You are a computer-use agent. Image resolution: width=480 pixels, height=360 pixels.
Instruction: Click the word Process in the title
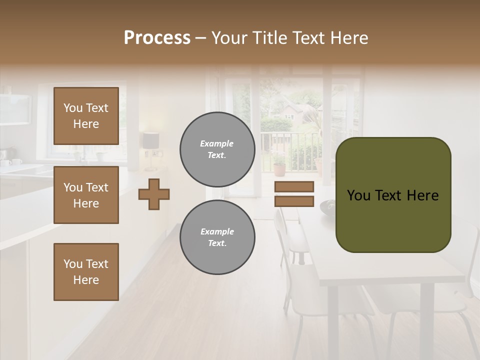[x=157, y=38]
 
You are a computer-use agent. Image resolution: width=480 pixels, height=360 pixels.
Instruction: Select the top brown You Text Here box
[x=86, y=116]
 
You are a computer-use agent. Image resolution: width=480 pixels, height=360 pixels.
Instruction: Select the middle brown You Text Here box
[x=86, y=195]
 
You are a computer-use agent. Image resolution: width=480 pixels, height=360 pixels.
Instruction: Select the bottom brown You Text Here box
[x=86, y=272]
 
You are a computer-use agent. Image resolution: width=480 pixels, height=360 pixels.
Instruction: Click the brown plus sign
[x=154, y=194]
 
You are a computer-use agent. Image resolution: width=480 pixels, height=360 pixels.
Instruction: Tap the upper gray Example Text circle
[x=217, y=149]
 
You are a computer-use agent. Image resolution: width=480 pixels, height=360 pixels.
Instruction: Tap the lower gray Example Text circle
[x=217, y=237]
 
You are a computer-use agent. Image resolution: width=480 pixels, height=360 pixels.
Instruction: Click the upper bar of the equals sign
[x=294, y=186]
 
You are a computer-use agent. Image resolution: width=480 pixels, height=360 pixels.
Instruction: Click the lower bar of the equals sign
[x=294, y=201]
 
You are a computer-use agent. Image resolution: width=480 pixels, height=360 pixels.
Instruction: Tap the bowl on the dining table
[x=327, y=205]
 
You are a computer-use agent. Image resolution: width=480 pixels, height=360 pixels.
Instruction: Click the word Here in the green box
[x=422, y=195]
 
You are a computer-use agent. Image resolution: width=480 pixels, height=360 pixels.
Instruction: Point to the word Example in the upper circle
[x=216, y=143]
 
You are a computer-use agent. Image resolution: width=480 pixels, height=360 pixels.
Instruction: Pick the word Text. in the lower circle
[x=217, y=243]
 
